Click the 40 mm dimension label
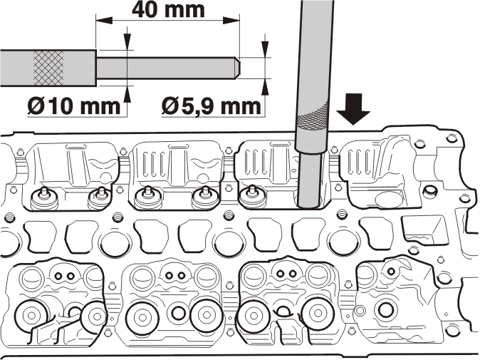(x=168, y=9)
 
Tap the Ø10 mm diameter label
(x=74, y=106)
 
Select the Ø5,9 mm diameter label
(x=212, y=106)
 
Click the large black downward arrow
(x=353, y=109)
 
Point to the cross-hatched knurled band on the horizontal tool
(x=48, y=68)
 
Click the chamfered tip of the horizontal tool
(x=238, y=68)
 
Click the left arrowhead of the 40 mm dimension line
(x=104, y=21)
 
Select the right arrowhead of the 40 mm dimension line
(x=231, y=21)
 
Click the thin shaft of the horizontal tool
(x=166, y=68)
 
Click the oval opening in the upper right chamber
(x=388, y=200)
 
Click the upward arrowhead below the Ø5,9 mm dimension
(x=265, y=87)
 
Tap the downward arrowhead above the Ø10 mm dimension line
(x=127, y=41)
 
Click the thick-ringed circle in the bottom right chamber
(x=385, y=309)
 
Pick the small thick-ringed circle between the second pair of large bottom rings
(x=179, y=313)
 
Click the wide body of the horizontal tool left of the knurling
(x=16, y=68)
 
